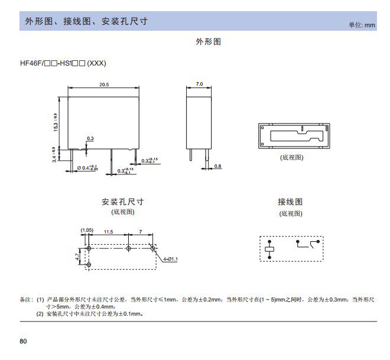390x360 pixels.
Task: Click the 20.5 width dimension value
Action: (x=104, y=85)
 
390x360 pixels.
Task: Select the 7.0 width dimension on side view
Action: (x=199, y=85)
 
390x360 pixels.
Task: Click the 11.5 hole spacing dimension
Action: (x=108, y=232)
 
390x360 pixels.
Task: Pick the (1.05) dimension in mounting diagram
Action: (x=87, y=229)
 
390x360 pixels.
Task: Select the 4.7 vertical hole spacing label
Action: (x=77, y=257)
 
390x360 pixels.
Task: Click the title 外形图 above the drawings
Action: (x=208, y=42)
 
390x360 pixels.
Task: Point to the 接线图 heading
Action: (x=290, y=202)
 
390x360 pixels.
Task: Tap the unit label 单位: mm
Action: (x=362, y=25)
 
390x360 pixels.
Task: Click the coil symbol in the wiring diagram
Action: (x=271, y=249)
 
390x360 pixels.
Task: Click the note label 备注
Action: (x=27, y=300)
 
